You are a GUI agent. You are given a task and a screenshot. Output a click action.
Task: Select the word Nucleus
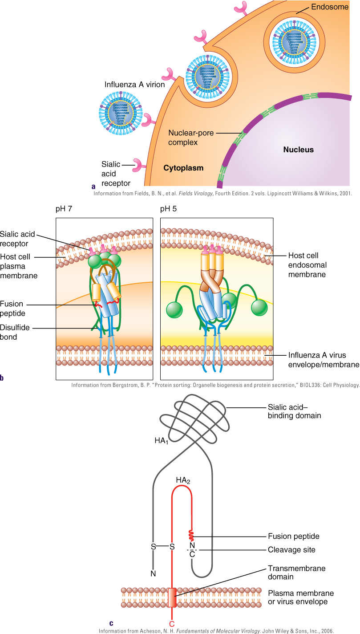click(x=298, y=150)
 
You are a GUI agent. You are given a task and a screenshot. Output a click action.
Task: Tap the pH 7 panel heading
click(x=64, y=209)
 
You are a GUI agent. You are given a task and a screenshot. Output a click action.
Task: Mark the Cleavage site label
click(x=291, y=549)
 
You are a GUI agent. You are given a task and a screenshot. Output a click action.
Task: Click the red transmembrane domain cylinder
click(x=172, y=597)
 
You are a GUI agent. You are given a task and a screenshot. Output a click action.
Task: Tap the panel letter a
click(x=93, y=186)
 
